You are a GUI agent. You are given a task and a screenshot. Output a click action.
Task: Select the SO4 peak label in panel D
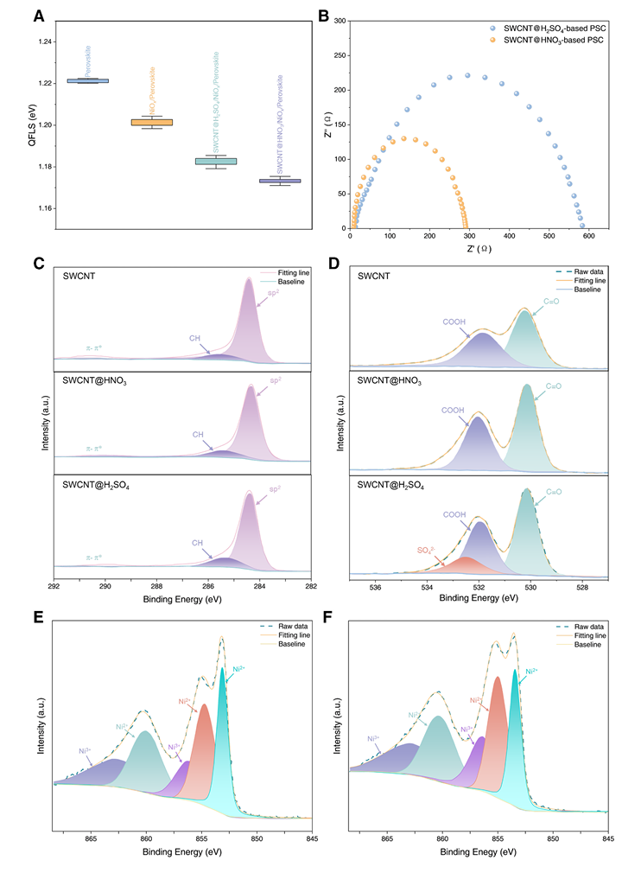tap(426, 550)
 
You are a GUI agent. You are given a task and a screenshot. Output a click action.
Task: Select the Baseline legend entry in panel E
tap(275, 644)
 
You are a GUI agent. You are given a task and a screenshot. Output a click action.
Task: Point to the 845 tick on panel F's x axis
tap(607, 837)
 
